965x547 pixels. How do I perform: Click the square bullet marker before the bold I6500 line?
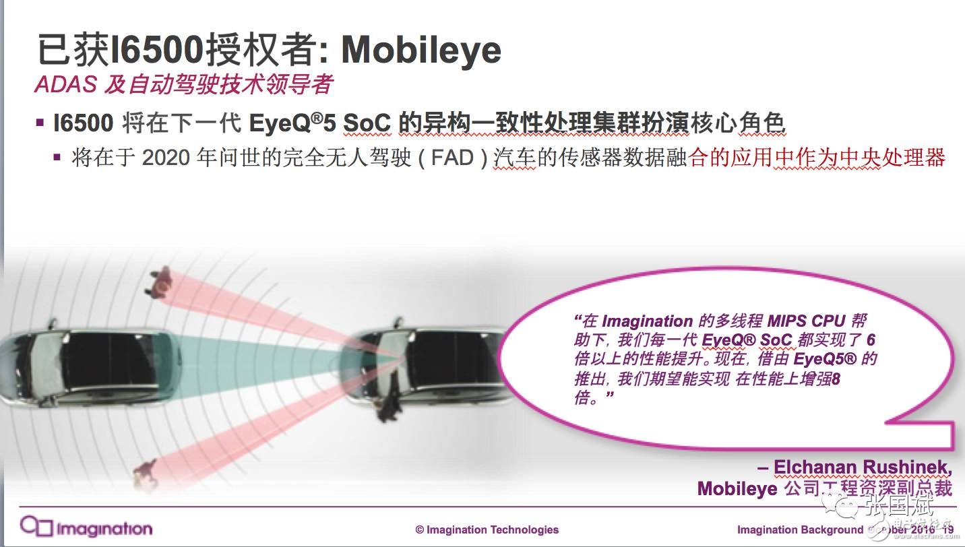click(40, 123)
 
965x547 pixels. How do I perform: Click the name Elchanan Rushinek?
click(864, 467)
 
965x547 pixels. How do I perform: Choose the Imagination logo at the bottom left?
click(86, 526)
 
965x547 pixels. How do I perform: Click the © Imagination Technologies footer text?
click(487, 529)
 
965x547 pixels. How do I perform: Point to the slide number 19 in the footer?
click(947, 529)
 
